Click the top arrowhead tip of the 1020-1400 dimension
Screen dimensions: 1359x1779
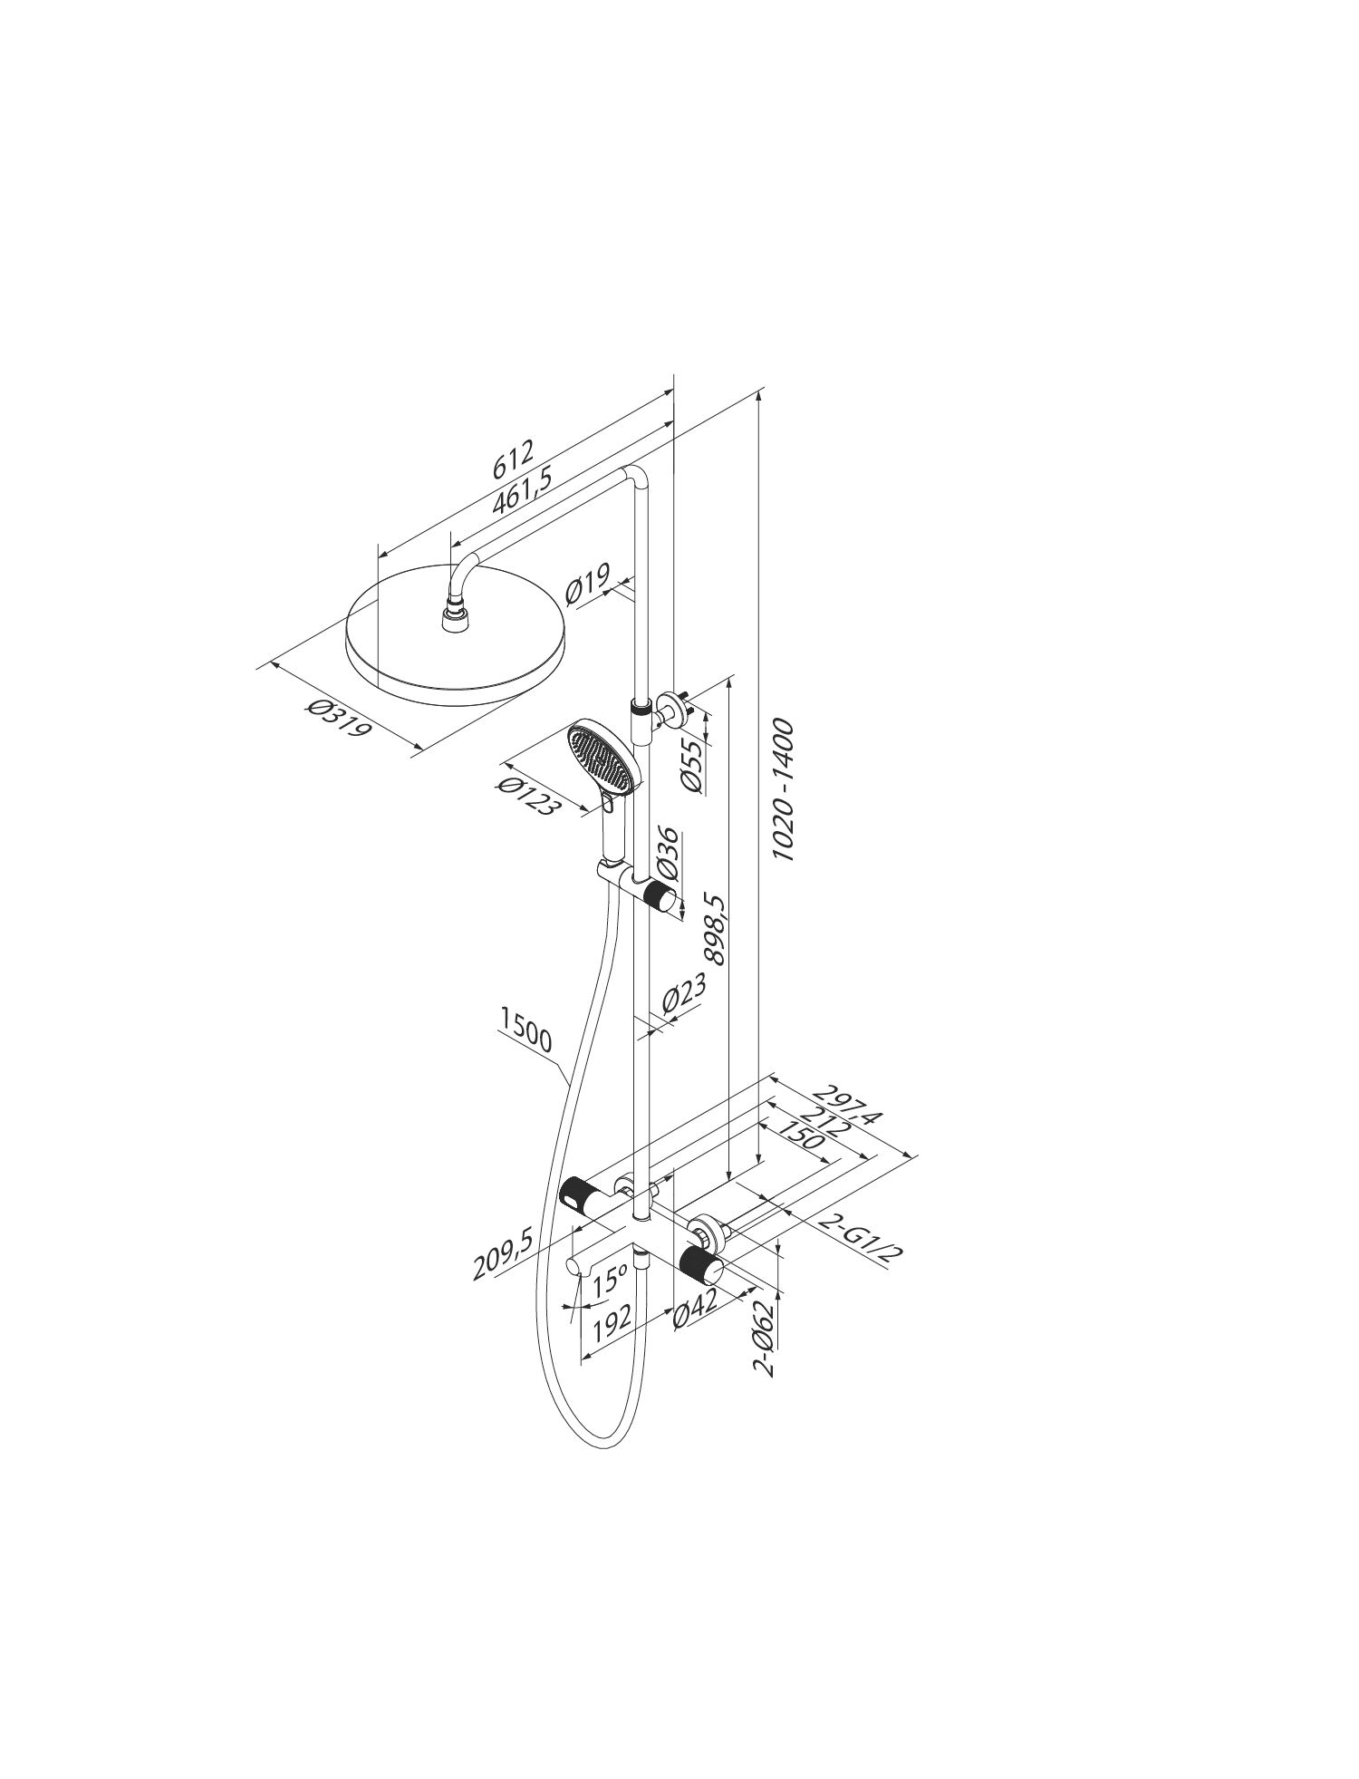[758, 389]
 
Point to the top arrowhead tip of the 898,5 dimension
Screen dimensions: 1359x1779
[729, 674]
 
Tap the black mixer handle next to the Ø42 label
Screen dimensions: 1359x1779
[701, 1264]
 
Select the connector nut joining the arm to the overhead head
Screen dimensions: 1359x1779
[453, 618]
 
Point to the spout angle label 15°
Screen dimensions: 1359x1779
[611, 1281]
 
